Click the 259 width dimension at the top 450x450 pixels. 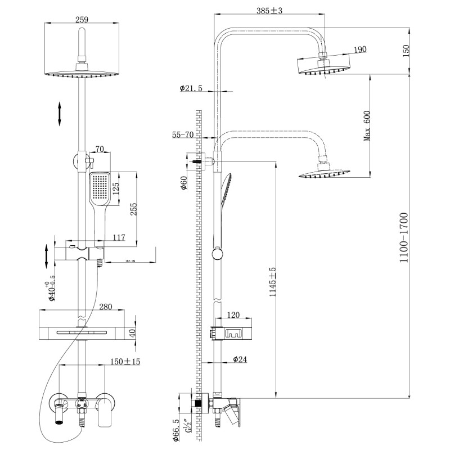[82, 19]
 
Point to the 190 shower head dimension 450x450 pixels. [360, 49]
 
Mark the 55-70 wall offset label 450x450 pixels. [184, 135]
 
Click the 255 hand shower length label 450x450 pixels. [133, 209]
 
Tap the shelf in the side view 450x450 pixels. [232, 332]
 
